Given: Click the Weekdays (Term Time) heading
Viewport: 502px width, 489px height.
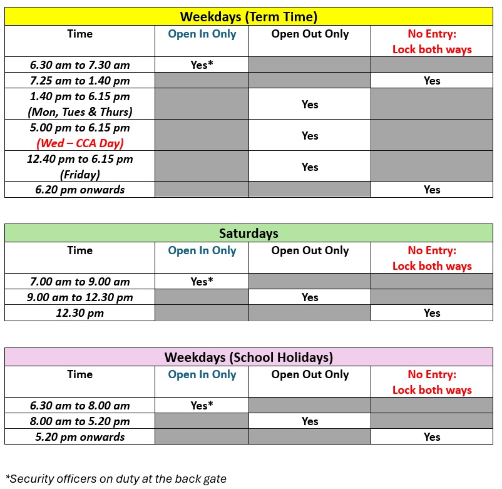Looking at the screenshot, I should point(248,17).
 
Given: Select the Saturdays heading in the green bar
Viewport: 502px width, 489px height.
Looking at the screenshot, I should point(248,234).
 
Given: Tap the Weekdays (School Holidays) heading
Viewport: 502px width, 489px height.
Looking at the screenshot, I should point(248,358).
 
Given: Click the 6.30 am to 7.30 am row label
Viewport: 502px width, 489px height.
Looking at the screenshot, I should point(79,64).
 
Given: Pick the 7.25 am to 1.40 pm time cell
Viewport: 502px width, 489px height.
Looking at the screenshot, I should point(79,80).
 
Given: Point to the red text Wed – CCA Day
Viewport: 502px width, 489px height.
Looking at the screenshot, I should point(79,143).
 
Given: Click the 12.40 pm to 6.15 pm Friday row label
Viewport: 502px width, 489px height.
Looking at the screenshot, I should point(79,167).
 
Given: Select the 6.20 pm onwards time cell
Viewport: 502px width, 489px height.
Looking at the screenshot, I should point(79,190).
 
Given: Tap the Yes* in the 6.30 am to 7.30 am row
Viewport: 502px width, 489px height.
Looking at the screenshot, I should point(202,64).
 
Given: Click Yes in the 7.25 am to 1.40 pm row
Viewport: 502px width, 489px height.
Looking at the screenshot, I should point(432,80).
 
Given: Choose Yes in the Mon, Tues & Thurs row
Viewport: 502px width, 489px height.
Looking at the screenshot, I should point(310,105).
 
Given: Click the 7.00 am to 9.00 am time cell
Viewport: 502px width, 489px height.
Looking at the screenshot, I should point(79,281).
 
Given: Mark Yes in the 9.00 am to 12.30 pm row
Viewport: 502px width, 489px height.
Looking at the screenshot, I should point(310,297).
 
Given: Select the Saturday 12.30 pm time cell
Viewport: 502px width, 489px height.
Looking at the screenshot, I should point(79,313).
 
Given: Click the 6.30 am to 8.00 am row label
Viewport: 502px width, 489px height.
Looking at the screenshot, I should point(79,405).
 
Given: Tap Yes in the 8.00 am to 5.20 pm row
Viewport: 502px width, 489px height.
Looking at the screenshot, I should point(310,421).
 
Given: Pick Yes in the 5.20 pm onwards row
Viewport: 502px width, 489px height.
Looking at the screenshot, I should point(432,437).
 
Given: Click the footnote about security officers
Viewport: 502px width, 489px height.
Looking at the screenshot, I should point(116,479).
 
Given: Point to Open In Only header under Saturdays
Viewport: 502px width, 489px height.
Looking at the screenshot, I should point(202,250).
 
